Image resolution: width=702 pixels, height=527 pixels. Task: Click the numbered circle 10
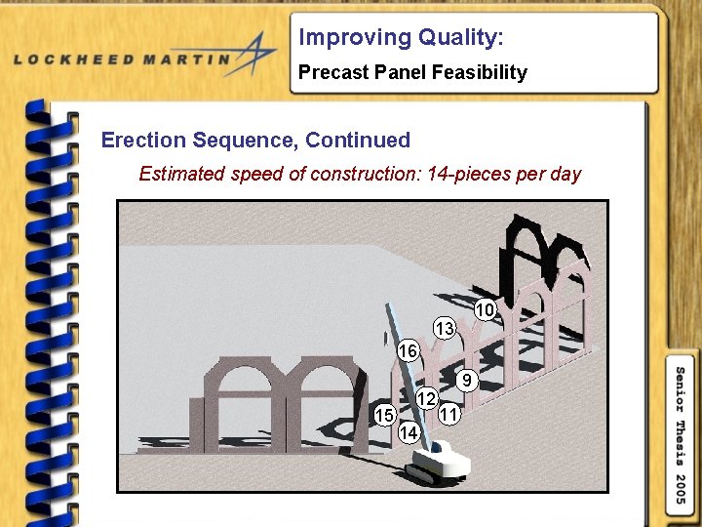[x=486, y=309]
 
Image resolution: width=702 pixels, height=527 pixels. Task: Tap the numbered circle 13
[x=445, y=329]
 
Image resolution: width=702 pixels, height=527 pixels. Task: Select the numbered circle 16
[x=409, y=350]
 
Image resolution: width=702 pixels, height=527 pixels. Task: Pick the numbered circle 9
[x=468, y=381]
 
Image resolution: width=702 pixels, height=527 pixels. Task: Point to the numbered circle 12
[x=426, y=398]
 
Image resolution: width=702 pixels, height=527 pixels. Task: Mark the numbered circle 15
[x=385, y=415]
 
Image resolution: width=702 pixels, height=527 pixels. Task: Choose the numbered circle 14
[x=409, y=431]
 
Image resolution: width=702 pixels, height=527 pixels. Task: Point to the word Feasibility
[x=477, y=72]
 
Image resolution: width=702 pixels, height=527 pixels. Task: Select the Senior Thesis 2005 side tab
[x=682, y=434]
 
